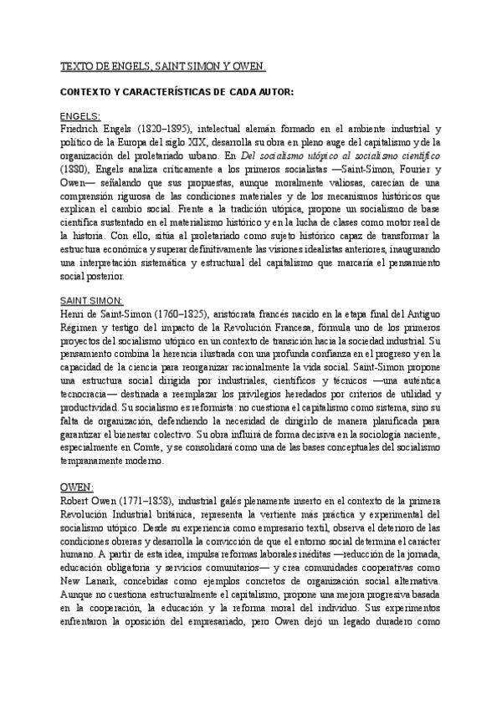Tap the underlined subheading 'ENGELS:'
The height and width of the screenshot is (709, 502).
(x=81, y=116)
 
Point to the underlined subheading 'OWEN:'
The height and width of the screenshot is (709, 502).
(x=76, y=486)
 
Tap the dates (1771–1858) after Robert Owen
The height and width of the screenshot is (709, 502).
(x=144, y=498)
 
